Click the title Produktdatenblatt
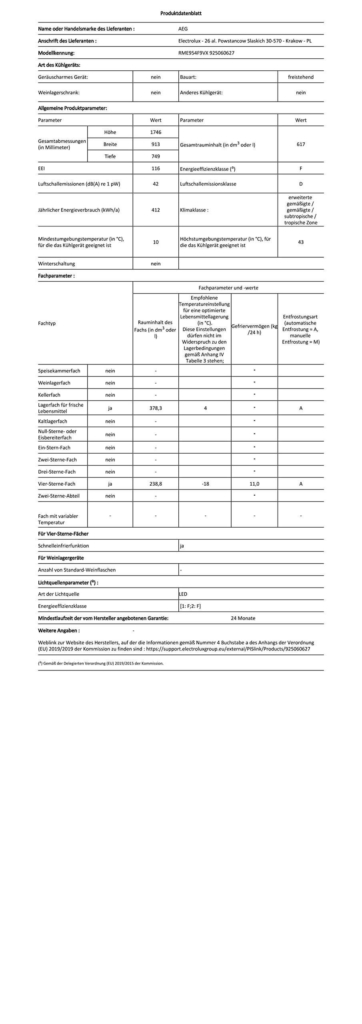(181, 13)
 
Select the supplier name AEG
(183, 29)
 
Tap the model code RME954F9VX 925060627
(206, 53)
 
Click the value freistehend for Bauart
(300, 77)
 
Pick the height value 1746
(156, 132)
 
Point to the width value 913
(156, 144)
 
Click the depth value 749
(156, 156)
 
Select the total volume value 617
(301, 144)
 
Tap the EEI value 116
(156, 168)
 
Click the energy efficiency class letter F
(301, 168)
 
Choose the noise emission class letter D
(301, 184)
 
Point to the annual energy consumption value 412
(156, 210)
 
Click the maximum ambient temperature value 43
(301, 242)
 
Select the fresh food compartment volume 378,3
(156, 408)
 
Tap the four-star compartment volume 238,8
(156, 484)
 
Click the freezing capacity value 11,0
(254, 484)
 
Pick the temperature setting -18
(205, 484)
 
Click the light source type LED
(183, 594)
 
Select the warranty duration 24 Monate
(243, 618)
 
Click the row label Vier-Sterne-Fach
(56, 484)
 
